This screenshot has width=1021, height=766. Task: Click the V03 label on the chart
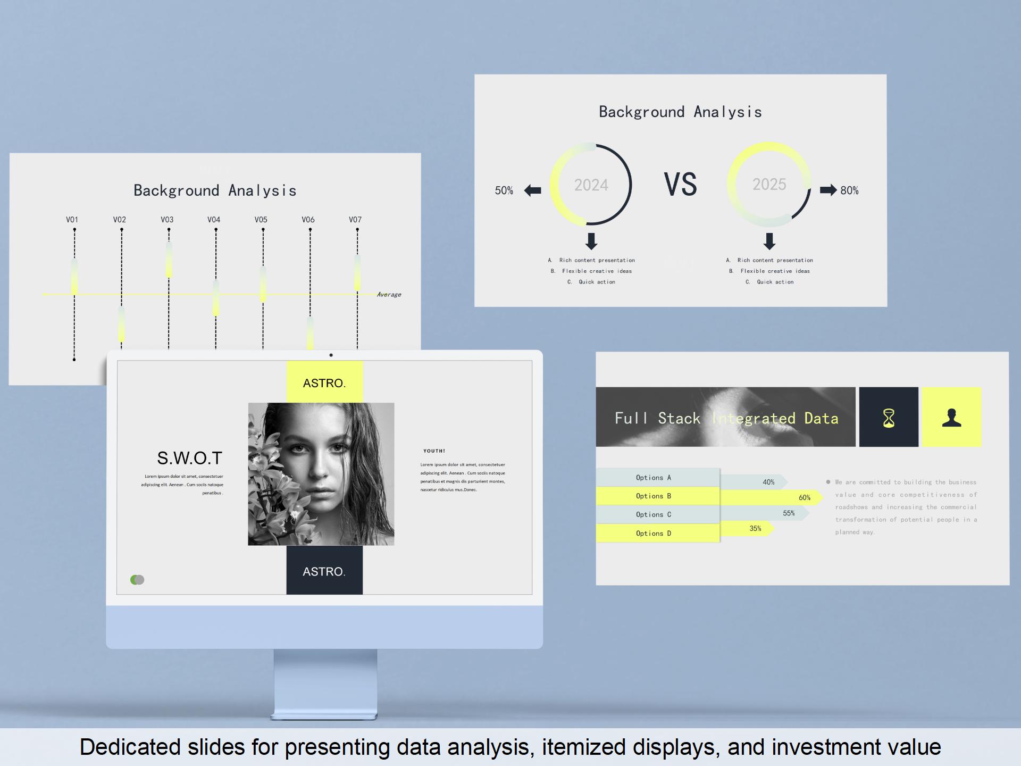(167, 220)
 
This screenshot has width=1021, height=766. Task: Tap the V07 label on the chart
(355, 220)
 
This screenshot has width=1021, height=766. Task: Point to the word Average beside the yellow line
(389, 295)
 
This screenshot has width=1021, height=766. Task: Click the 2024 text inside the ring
(591, 185)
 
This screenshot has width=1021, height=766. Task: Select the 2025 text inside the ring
(769, 184)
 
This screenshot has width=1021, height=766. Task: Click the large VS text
(680, 185)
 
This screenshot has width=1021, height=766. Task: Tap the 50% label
(504, 190)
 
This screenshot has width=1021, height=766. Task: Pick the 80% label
(849, 190)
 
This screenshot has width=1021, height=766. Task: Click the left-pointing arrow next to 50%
(532, 190)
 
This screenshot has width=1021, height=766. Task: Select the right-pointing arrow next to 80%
(828, 190)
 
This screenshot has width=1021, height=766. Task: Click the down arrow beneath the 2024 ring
(591, 241)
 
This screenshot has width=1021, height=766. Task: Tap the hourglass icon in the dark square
(889, 418)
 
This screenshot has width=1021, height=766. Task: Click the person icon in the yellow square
(951, 418)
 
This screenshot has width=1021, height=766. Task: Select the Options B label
(654, 496)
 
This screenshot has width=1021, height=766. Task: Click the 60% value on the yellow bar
(805, 498)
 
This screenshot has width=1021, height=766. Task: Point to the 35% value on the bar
(755, 529)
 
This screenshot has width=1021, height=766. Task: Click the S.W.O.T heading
(189, 458)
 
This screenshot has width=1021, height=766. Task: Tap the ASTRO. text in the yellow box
(324, 383)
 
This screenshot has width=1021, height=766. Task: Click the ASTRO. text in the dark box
(324, 572)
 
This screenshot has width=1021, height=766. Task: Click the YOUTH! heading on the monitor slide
(434, 451)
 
